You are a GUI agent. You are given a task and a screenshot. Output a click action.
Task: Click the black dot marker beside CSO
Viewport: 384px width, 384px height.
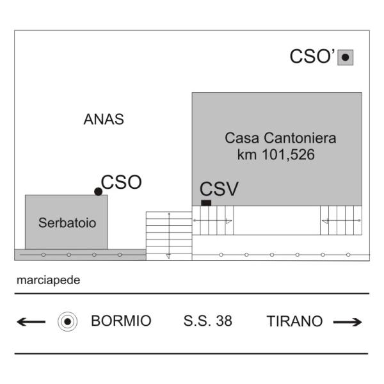[98, 191]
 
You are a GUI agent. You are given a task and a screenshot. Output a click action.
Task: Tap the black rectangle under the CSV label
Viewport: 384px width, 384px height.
[206, 203]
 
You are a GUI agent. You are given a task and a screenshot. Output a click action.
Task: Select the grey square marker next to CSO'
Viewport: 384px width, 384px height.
[346, 58]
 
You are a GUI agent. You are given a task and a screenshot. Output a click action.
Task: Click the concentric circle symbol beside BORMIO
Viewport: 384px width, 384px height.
[68, 321]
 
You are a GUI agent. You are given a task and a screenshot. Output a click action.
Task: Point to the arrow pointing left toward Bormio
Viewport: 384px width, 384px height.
[31, 321]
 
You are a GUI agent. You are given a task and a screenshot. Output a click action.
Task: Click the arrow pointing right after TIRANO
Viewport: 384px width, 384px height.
[348, 322]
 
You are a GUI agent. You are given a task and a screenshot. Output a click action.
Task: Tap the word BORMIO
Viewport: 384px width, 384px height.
[121, 321]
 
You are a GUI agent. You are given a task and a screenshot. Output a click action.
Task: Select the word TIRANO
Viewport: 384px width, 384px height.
[294, 321]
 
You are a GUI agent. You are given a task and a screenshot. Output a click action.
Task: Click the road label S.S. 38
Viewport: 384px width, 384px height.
[207, 321]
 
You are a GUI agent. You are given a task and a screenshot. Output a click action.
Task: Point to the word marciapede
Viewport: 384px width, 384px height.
[48, 280]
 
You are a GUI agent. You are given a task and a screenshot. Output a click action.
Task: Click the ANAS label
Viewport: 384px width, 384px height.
[104, 119]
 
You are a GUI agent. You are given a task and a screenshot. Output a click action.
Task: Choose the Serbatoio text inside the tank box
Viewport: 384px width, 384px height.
[67, 223]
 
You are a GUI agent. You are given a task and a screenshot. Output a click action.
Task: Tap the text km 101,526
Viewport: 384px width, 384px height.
[276, 155]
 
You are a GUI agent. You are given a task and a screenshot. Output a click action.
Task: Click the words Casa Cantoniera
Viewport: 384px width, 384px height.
[280, 138]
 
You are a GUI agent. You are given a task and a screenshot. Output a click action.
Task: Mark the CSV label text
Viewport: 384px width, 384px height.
[219, 189]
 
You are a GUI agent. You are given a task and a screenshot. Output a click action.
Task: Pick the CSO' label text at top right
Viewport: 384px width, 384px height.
[312, 56]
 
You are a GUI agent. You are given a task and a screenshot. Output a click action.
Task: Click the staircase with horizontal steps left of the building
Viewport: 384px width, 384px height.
[169, 236]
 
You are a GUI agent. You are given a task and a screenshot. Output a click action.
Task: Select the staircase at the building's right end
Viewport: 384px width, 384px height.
[341, 220]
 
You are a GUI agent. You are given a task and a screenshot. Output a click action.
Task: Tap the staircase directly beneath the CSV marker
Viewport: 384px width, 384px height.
[213, 220]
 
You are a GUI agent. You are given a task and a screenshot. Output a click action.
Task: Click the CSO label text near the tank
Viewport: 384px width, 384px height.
[121, 182]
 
